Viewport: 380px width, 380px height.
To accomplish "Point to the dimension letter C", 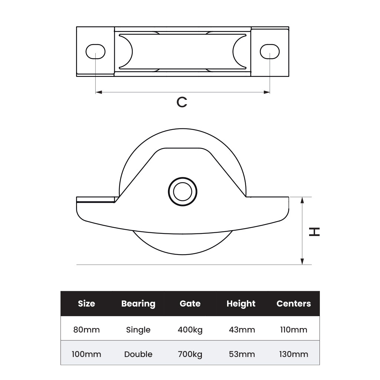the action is tap(182, 102).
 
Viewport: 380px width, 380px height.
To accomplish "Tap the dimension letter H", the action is tap(314, 232).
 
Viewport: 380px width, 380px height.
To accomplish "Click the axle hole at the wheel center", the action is tap(183, 192).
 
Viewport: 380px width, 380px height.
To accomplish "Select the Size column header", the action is tap(86, 304).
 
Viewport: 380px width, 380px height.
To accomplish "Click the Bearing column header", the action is tap(138, 304).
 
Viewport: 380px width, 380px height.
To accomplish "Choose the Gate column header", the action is tap(190, 304).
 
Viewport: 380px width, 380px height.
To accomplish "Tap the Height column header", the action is tap(241, 304).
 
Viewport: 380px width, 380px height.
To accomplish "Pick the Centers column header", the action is tap(294, 304).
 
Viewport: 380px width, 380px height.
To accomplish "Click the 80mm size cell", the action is tap(86, 330).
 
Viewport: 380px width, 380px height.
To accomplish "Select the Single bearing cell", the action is tap(138, 330).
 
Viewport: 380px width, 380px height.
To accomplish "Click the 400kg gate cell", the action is tap(190, 330).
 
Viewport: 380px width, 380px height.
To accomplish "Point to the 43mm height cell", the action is tap(242, 330).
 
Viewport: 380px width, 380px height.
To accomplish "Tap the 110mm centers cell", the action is tap(294, 330).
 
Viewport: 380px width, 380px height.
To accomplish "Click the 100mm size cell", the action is tap(86, 354).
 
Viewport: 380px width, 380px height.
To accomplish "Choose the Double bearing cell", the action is tap(138, 354).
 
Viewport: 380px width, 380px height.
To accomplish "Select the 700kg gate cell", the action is tap(190, 354).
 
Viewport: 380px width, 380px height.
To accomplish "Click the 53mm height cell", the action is tap(242, 354).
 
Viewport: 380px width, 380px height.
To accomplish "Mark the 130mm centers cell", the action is tap(294, 354).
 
